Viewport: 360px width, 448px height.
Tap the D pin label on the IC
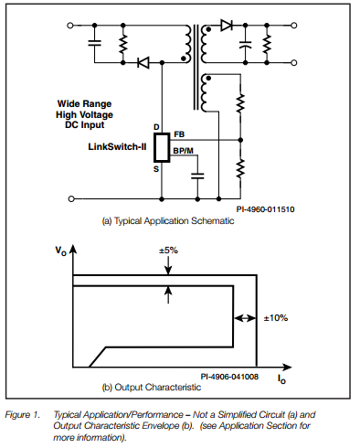click(x=156, y=125)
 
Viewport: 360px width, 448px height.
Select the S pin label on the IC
click(x=156, y=168)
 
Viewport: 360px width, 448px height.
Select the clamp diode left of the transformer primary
click(x=143, y=62)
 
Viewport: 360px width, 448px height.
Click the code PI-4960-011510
click(x=264, y=208)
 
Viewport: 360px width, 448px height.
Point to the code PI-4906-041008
click(x=230, y=376)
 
